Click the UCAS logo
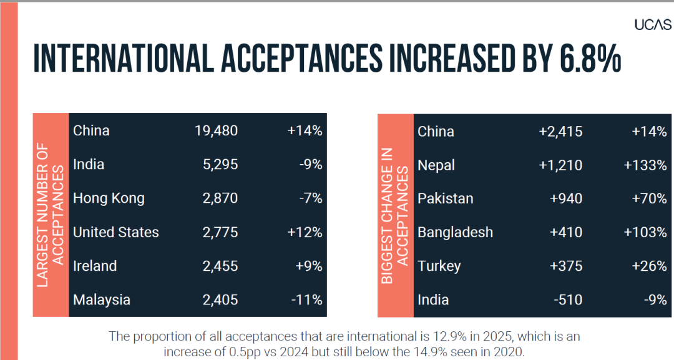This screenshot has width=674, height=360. click(x=653, y=24)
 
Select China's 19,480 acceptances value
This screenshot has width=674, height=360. click(x=216, y=131)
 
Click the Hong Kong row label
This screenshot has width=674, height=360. click(x=109, y=198)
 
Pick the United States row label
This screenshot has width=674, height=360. click(x=116, y=232)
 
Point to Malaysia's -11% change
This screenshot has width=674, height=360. click(x=306, y=299)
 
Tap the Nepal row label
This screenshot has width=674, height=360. click(x=436, y=165)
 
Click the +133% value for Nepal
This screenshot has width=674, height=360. click(x=645, y=165)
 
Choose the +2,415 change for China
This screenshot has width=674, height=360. click(x=560, y=132)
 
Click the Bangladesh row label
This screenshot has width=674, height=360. click(x=455, y=232)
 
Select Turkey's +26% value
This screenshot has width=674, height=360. click(x=648, y=266)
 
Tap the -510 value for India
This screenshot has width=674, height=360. click(x=568, y=299)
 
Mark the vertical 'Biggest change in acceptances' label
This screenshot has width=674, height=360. click(x=395, y=215)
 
